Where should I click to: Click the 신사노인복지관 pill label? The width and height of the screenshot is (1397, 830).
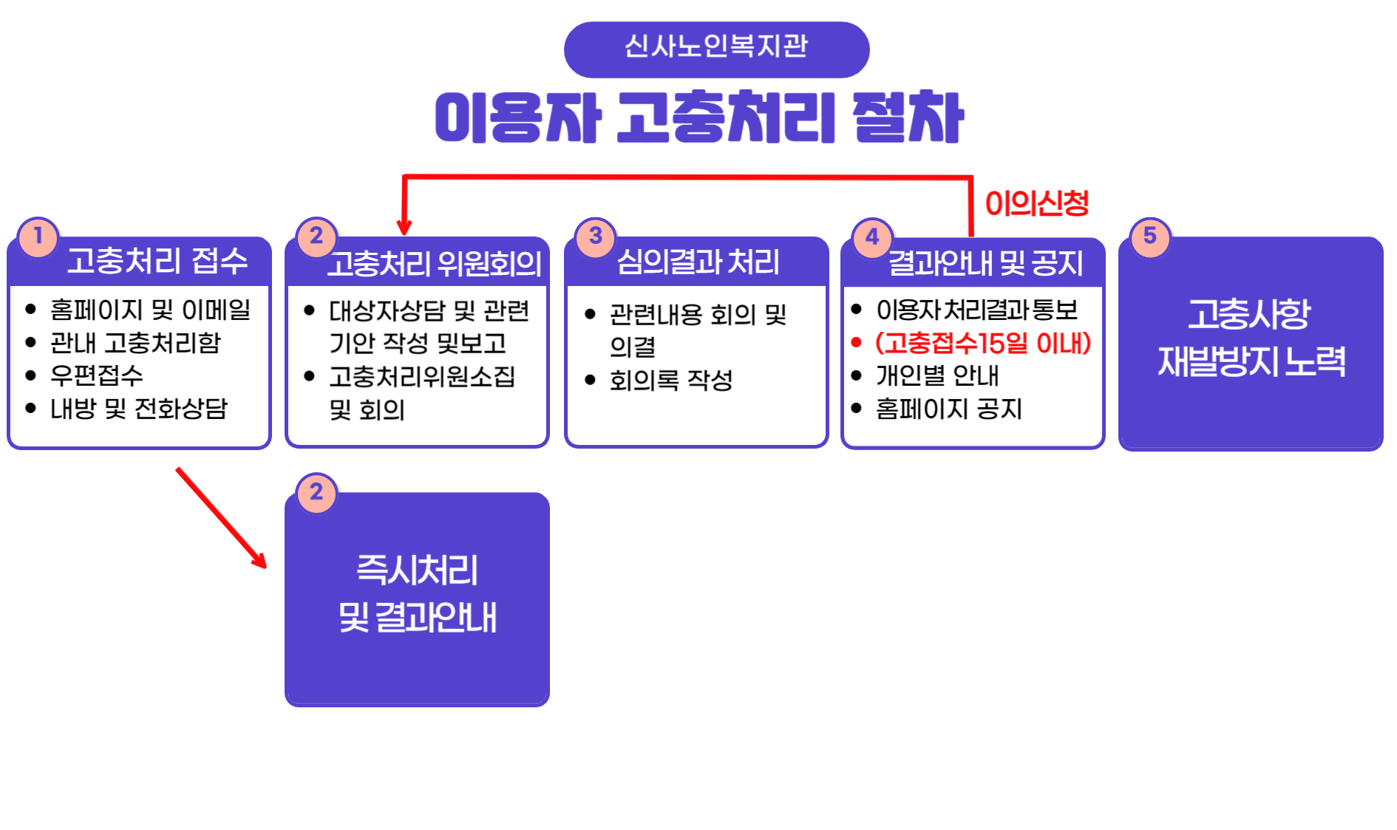716,49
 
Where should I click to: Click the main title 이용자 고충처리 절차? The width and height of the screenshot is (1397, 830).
699,117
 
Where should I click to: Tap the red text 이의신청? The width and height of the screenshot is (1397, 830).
1037,203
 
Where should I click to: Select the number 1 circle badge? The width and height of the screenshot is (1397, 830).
38,237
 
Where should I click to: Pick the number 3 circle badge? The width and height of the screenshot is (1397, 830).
595,237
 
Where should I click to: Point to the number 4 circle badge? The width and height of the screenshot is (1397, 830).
872,237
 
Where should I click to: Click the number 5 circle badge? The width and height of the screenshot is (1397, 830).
1150,237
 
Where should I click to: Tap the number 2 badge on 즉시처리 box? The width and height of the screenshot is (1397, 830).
316,493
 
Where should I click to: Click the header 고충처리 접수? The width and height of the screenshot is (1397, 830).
157,261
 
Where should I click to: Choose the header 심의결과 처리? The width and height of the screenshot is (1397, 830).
698,262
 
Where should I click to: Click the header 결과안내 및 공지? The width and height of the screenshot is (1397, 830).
985,263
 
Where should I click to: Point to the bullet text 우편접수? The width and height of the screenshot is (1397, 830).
97,375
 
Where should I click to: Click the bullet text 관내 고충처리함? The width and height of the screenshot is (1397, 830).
135,343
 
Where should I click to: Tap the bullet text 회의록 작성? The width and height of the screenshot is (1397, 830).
671,380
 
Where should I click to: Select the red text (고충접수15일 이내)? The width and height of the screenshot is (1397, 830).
983,343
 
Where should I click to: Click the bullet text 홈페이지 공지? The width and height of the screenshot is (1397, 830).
949,409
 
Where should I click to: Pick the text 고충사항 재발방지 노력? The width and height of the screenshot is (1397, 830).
1251,338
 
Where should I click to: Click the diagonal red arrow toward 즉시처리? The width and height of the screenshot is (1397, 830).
221,517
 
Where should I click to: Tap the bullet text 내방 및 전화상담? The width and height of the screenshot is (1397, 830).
139,409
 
